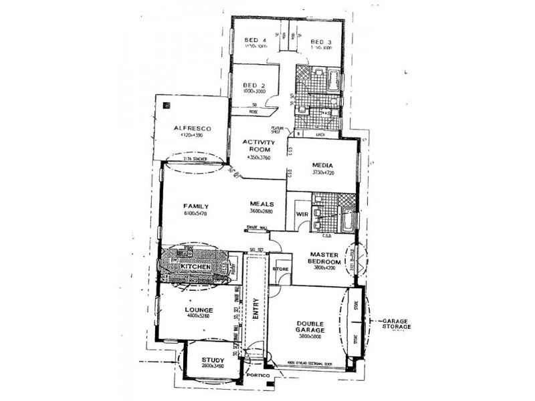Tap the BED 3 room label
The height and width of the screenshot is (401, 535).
pyautogui.click(x=321, y=41)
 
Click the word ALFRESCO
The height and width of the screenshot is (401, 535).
pyautogui.click(x=193, y=127)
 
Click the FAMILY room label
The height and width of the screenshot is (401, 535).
pyautogui.click(x=197, y=206)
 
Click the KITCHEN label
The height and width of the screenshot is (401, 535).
pyautogui.click(x=195, y=267)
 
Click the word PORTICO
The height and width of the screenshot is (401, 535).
pyautogui.click(x=257, y=377)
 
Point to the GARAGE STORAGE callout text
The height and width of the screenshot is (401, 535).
pyautogui.click(x=395, y=324)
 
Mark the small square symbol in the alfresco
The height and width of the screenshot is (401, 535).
pyautogui.click(x=167, y=106)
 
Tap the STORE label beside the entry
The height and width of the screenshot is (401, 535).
pyautogui.click(x=279, y=269)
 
